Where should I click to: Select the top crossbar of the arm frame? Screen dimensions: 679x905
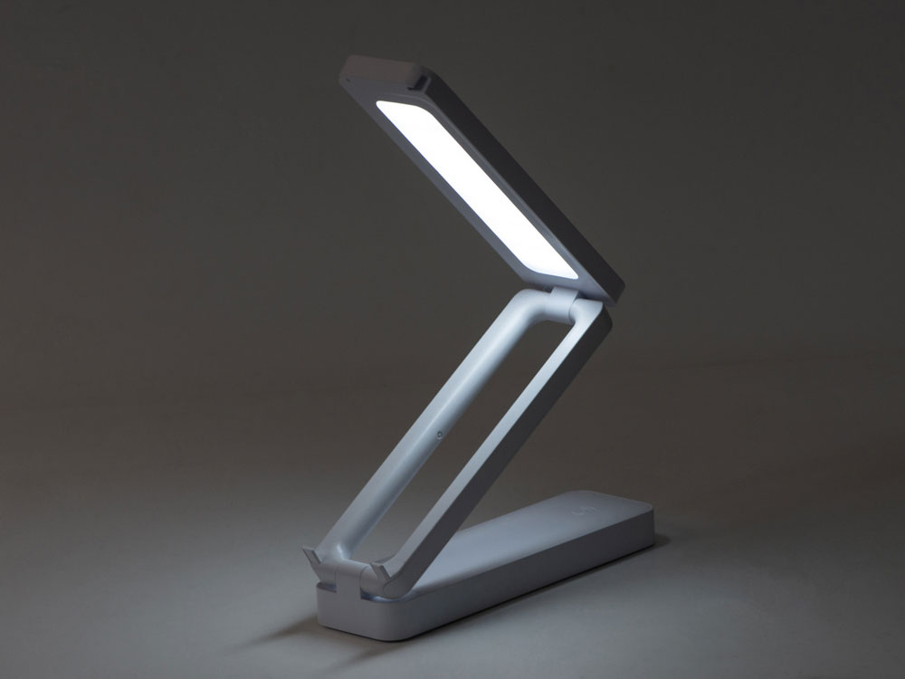543,312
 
